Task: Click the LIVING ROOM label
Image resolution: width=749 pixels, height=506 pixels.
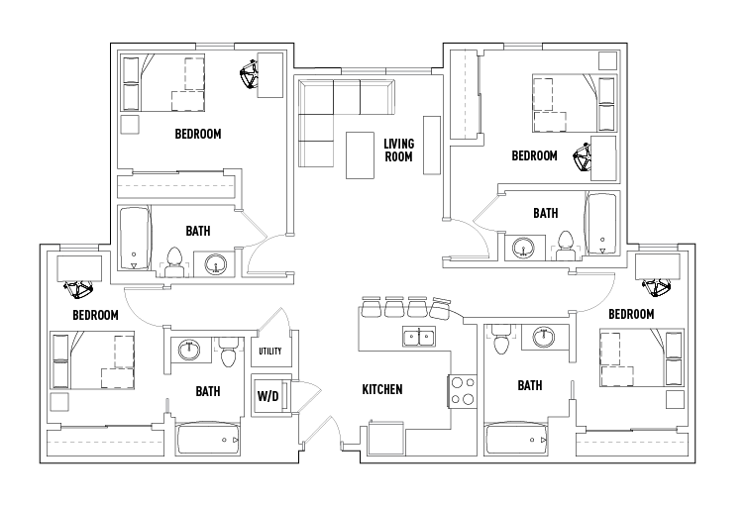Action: click(398, 150)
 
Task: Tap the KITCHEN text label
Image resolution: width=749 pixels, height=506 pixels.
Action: click(381, 389)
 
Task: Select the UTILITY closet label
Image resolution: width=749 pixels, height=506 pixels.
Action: click(269, 352)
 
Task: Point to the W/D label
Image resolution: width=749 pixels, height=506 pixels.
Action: click(267, 396)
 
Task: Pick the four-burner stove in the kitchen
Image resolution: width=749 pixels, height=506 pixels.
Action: click(463, 390)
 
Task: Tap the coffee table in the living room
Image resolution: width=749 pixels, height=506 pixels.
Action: click(360, 154)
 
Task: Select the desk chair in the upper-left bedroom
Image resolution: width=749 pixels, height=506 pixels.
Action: click(249, 72)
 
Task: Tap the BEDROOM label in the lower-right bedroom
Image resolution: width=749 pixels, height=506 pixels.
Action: click(631, 314)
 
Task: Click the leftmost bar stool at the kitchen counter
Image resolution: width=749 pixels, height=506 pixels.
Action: click(373, 308)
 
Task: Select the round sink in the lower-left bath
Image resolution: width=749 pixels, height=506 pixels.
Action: click(188, 349)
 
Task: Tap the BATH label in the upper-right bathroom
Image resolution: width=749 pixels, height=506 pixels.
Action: click(545, 213)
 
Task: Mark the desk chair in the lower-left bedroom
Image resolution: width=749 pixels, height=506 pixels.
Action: click(77, 288)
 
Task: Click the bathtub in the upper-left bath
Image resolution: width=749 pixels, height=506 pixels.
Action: click(133, 239)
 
